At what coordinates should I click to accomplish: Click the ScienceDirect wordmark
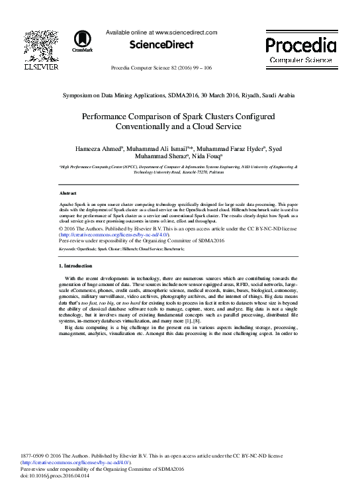(161, 45)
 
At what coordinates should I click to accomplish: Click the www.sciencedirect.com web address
(186, 32)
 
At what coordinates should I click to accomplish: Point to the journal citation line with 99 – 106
(161, 68)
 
